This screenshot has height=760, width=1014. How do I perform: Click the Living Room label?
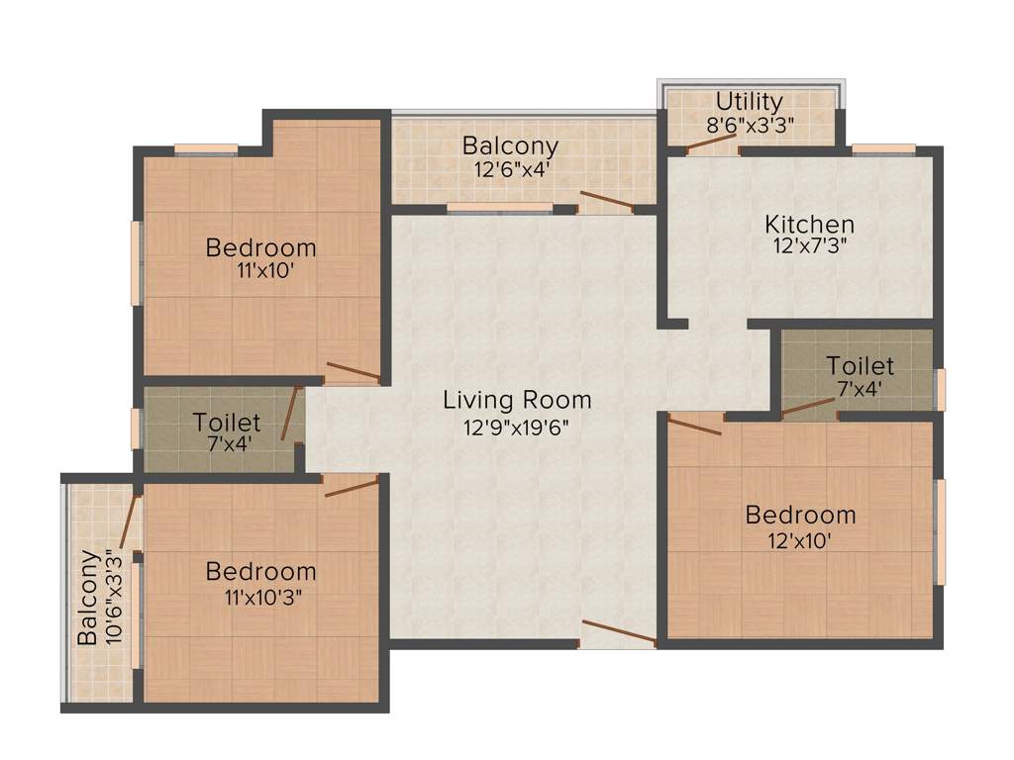(x=517, y=400)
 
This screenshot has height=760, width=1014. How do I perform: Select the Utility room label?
(x=750, y=101)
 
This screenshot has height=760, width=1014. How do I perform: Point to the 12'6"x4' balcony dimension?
(x=512, y=169)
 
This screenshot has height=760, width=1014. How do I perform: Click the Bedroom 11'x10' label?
(x=260, y=247)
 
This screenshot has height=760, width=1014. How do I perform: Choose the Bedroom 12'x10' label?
(x=800, y=515)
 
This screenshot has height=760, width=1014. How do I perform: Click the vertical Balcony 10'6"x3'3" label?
(x=99, y=597)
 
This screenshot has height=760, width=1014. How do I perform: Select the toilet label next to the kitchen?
(x=860, y=366)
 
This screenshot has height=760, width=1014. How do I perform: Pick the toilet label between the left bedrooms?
(x=227, y=424)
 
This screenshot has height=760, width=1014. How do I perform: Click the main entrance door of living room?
(x=619, y=633)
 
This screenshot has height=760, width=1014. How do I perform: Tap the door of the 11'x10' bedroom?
(x=353, y=372)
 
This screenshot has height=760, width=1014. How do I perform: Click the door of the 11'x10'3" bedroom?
(x=352, y=485)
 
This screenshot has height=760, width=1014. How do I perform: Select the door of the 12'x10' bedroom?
(x=695, y=426)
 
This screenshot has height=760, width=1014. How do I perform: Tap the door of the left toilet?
(x=290, y=414)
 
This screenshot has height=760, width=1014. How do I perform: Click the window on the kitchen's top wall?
(x=883, y=149)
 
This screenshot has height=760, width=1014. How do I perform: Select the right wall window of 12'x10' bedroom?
(x=941, y=531)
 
